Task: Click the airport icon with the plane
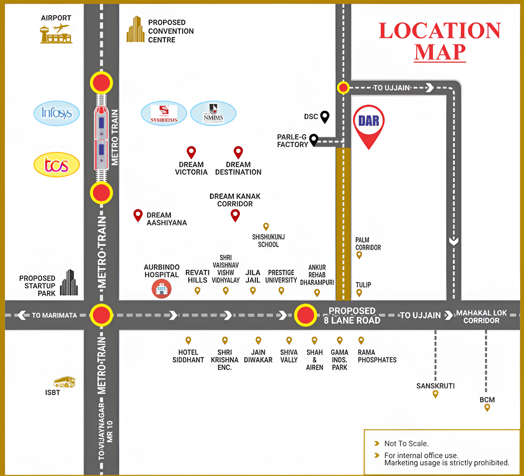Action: click(56, 34)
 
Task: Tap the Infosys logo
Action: click(56, 113)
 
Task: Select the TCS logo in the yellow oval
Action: click(56, 165)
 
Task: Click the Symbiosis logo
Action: click(164, 113)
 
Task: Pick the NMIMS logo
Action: click(213, 113)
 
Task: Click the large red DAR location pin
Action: click(369, 125)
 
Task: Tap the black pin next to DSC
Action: click(325, 117)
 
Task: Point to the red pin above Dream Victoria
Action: click(191, 152)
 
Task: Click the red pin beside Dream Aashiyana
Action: click(138, 215)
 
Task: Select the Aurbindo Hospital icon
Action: click(161, 289)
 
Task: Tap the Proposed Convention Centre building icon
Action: click(135, 30)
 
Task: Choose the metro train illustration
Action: click(101, 138)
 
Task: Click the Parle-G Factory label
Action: click(293, 141)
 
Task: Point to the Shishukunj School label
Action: click(268, 241)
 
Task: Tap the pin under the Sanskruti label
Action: click(435, 394)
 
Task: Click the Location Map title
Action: click(440, 41)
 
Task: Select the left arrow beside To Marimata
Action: click(22, 315)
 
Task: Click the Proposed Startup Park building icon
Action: click(69, 283)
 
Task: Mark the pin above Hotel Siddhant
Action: click(188, 340)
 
